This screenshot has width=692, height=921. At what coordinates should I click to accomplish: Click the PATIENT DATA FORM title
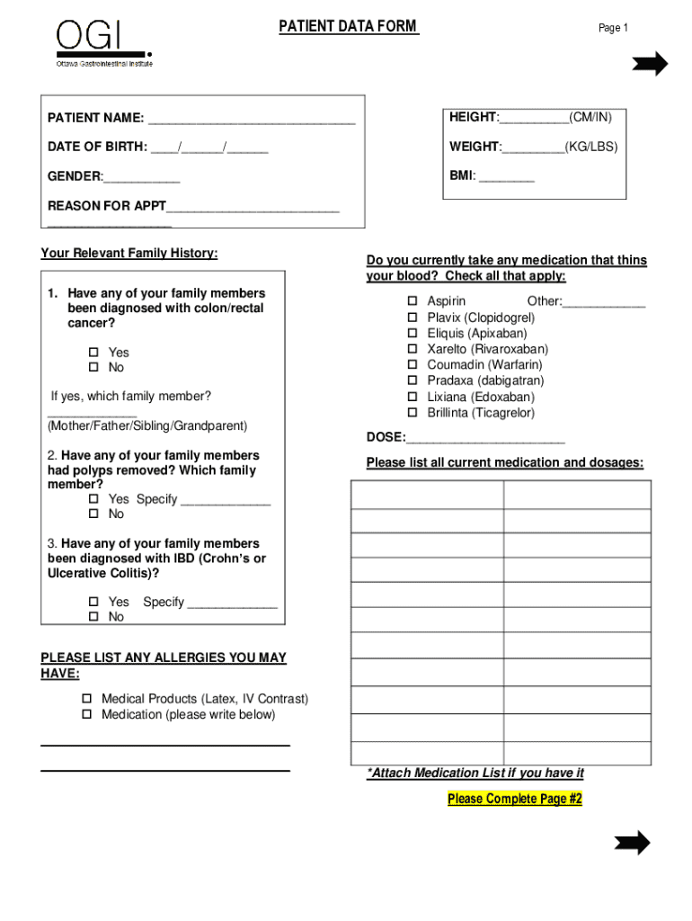tap(348, 26)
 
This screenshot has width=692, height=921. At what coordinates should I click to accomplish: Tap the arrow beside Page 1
tap(649, 64)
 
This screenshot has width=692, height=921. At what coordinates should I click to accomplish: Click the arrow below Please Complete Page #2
tap(632, 843)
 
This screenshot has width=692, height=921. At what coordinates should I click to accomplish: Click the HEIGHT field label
tap(474, 117)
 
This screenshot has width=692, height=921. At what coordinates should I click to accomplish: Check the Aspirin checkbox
tap(413, 301)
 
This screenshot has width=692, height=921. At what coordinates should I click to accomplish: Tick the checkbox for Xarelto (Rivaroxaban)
tap(413, 349)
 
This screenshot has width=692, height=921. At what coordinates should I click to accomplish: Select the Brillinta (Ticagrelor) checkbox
tap(413, 413)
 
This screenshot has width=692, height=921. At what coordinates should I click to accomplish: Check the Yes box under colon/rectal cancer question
tap(93, 353)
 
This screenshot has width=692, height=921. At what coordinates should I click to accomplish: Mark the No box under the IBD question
tap(93, 617)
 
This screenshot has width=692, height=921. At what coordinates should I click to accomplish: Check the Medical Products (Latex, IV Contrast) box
tap(87, 699)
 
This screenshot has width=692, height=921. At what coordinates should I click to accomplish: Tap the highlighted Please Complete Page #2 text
tap(515, 799)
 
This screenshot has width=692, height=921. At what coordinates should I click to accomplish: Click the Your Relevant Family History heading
tap(129, 253)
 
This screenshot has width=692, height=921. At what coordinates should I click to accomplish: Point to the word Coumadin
tap(456, 365)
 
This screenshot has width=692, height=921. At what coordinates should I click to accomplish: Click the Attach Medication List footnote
tap(475, 773)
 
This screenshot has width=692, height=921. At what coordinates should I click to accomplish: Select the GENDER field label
tap(75, 176)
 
